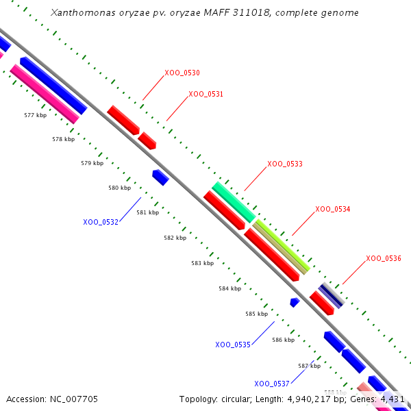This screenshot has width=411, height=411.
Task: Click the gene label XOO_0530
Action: pyautogui.click(x=182, y=73)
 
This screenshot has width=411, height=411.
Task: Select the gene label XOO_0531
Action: pyautogui.click(x=206, y=94)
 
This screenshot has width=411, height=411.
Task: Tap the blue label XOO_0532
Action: pyautogui.click(x=101, y=222)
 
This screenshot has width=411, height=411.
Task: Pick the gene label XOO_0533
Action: pyautogui.click(x=285, y=164)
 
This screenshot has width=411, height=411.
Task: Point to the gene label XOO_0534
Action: pyautogui.click(x=333, y=209)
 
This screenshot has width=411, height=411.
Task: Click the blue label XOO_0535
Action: pyautogui.click(x=233, y=345)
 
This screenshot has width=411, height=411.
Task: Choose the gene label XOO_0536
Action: pyautogui.click(x=384, y=258)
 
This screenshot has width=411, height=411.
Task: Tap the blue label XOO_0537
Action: pyautogui.click(x=272, y=384)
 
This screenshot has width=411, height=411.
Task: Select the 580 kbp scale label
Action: pyautogui.click(x=119, y=188)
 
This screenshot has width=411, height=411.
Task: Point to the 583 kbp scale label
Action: pyautogui.click(x=202, y=263)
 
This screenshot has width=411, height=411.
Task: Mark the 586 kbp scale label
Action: pyautogui.click(x=283, y=340)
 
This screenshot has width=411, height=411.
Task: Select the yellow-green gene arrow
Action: pyautogui.click(x=281, y=247)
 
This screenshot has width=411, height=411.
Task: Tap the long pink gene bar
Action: pyautogui.click(x=45, y=93)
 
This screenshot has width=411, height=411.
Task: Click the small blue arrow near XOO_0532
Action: pyautogui.click(x=161, y=177)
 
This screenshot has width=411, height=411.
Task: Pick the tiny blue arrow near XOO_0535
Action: pyautogui.click(x=295, y=302)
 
